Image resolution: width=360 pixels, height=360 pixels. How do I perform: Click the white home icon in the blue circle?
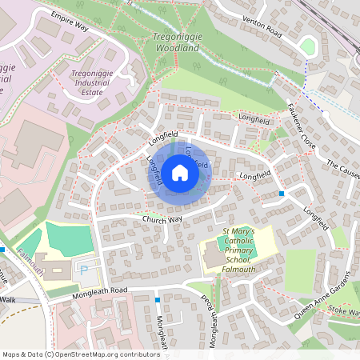(x=180, y=172)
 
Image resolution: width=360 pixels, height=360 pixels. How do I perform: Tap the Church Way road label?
(x=162, y=218)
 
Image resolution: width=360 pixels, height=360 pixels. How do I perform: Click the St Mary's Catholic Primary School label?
(x=237, y=250)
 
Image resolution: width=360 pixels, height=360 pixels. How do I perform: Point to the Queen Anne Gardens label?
(x=322, y=295)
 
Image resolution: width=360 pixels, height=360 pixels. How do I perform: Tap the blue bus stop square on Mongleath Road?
(x=158, y=300)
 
